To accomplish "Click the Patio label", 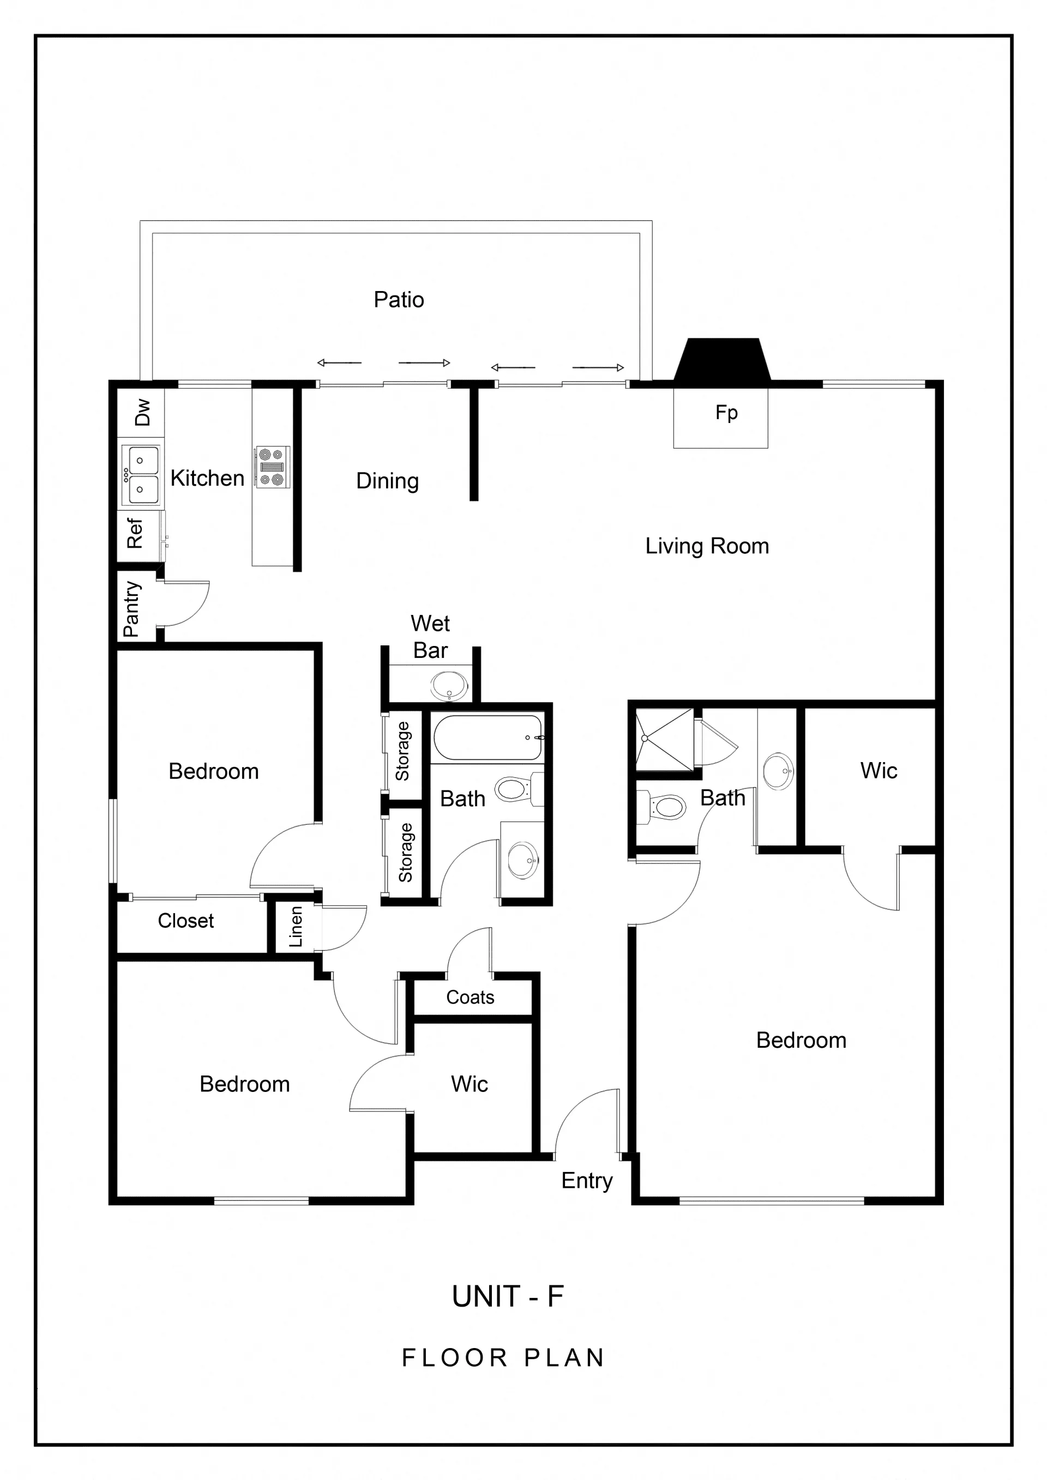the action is pyautogui.click(x=399, y=300).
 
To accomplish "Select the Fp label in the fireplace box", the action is pyautogui.click(x=726, y=413).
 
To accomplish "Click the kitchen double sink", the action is pyautogui.click(x=141, y=474).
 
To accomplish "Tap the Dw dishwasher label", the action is pyautogui.click(x=142, y=412).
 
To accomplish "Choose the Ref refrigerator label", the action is pyautogui.click(x=135, y=533).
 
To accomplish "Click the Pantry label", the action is pyautogui.click(x=131, y=609).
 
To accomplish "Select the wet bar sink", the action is pyautogui.click(x=449, y=686).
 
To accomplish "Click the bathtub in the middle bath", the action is pyautogui.click(x=488, y=738).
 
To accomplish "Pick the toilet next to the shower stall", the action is pyautogui.click(x=661, y=806).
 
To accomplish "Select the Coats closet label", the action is pyautogui.click(x=470, y=998).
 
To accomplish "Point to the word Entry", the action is pyautogui.click(x=587, y=1181).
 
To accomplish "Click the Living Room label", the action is pyautogui.click(x=707, y=546).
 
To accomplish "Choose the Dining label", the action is pyautogui.click(x=388, y=481).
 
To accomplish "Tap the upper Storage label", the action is pyautogui.click(x=403, y=751).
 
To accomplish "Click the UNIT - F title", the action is pyautogui.click(x=508, y=1297).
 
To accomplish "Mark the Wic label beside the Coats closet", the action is pyautogui.click(x=470, y=1084).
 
